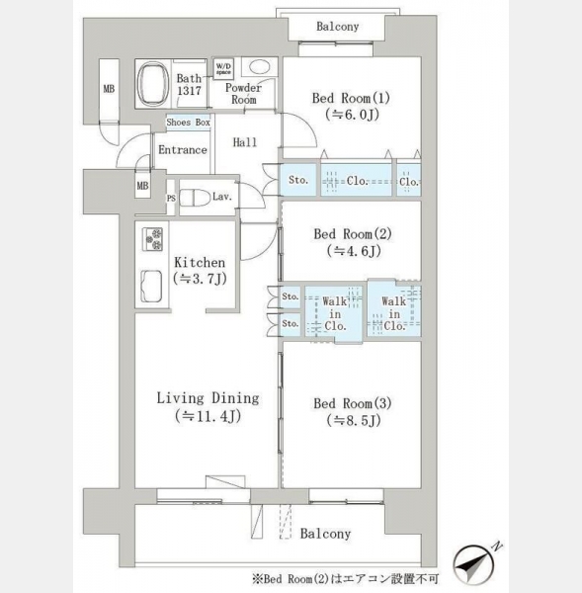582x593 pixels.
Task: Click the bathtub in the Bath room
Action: click(153, 84)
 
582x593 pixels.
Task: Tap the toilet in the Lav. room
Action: click(195, 198)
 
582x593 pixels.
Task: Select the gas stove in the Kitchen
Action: click(152, 239)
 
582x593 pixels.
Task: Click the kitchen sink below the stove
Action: click(151, 287)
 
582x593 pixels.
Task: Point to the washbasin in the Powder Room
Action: click(260, 67)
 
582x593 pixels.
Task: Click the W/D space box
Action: click(223, 69)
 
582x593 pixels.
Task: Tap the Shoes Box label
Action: click(189, 123)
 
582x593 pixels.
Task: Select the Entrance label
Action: click(183, 150)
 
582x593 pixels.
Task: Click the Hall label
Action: click(245, 142)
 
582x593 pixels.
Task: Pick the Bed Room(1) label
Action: click(351, 98)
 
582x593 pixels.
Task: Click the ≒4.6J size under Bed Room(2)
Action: click(354, 251)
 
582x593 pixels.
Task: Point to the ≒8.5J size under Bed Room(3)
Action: click(354, 420)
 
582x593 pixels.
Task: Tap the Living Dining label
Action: click(208, 398)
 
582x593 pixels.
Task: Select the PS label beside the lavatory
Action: click(171, 199)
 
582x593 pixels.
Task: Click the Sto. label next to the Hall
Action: click(298, 180)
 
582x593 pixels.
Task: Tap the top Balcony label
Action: click(338, 27)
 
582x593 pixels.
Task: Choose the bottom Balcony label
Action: click(326, 534)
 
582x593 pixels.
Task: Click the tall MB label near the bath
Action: click(109, 89)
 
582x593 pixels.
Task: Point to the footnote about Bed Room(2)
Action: click(345, 579)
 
